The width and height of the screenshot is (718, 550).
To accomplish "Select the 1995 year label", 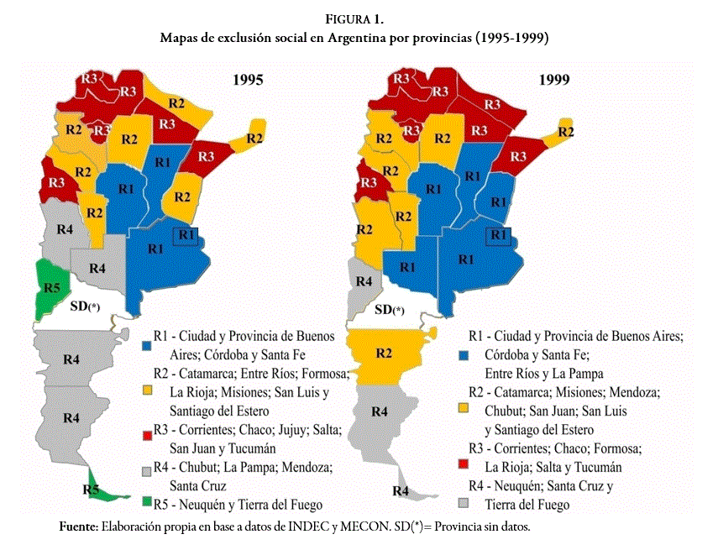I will tap(248, 81).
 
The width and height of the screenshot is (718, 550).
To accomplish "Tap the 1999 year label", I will tap(553, 81).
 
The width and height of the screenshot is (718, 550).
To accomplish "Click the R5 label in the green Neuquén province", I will tap(51, 288).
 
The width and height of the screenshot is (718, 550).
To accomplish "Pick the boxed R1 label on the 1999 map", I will tap(500, 236).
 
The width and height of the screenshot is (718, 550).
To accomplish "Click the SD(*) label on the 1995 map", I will tap(86, 307).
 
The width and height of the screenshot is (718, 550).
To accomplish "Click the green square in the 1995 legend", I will tap(147, 503).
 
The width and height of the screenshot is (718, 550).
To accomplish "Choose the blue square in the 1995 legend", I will tap(147, 344).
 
